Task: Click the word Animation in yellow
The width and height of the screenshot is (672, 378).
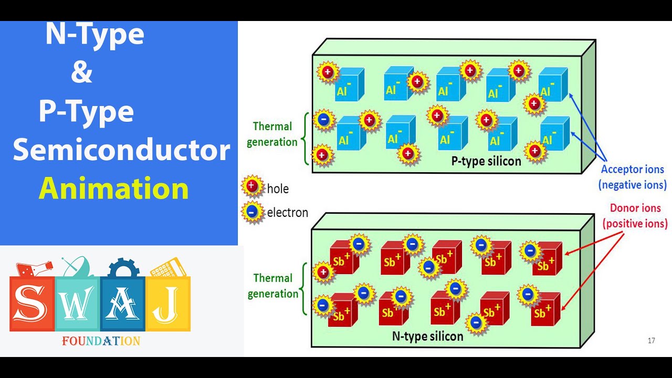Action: [114, 188]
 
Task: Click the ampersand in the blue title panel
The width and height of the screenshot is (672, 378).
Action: [81, 73]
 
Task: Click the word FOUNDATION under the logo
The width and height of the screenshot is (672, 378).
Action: [101, 341]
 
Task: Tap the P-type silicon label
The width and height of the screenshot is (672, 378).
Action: [486, 161]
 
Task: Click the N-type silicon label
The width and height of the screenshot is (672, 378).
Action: [427, 336]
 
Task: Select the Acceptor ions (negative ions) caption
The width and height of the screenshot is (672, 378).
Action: [632, 177]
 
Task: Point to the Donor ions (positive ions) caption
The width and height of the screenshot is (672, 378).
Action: [635, 216]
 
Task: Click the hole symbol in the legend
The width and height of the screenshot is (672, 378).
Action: [252, 186]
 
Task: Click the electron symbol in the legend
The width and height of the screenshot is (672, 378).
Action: [252, 212]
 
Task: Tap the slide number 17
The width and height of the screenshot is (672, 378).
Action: [651, 341]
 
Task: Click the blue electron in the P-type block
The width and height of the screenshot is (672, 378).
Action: [323, 120]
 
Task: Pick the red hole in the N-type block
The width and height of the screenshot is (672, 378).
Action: [323, 272]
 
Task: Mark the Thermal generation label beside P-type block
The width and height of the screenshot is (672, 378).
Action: [272, 134]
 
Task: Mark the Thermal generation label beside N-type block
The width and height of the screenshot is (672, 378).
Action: [272, 286]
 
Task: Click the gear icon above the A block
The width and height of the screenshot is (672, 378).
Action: [123, 267]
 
